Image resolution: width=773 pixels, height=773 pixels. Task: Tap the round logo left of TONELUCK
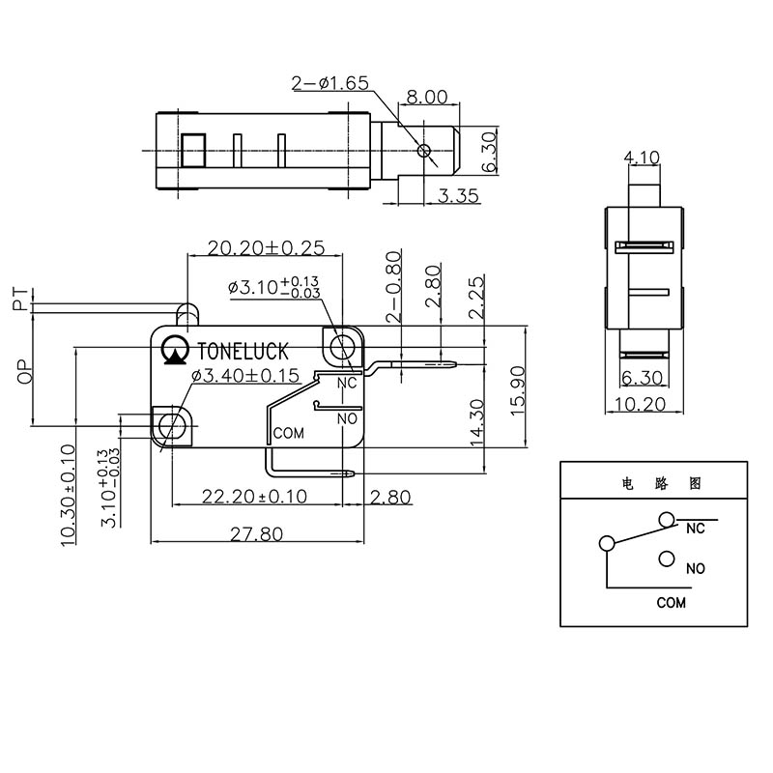tap(176, 351)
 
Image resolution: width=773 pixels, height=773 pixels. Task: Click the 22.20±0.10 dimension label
tap(254, 497)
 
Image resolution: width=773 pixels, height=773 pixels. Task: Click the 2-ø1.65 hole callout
tap(329, 84)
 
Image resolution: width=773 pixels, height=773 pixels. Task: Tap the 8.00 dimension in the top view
tap(426, 97)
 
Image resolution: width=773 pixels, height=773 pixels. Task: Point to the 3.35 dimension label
tap(458, 196)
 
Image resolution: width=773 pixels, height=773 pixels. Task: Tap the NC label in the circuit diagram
tap(695, 529)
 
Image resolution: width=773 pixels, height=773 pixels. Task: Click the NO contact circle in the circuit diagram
tap(665, 558)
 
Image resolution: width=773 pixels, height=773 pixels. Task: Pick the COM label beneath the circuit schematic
tap(671, 602)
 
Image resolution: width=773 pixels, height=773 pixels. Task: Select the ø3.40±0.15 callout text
tap(245, 376)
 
